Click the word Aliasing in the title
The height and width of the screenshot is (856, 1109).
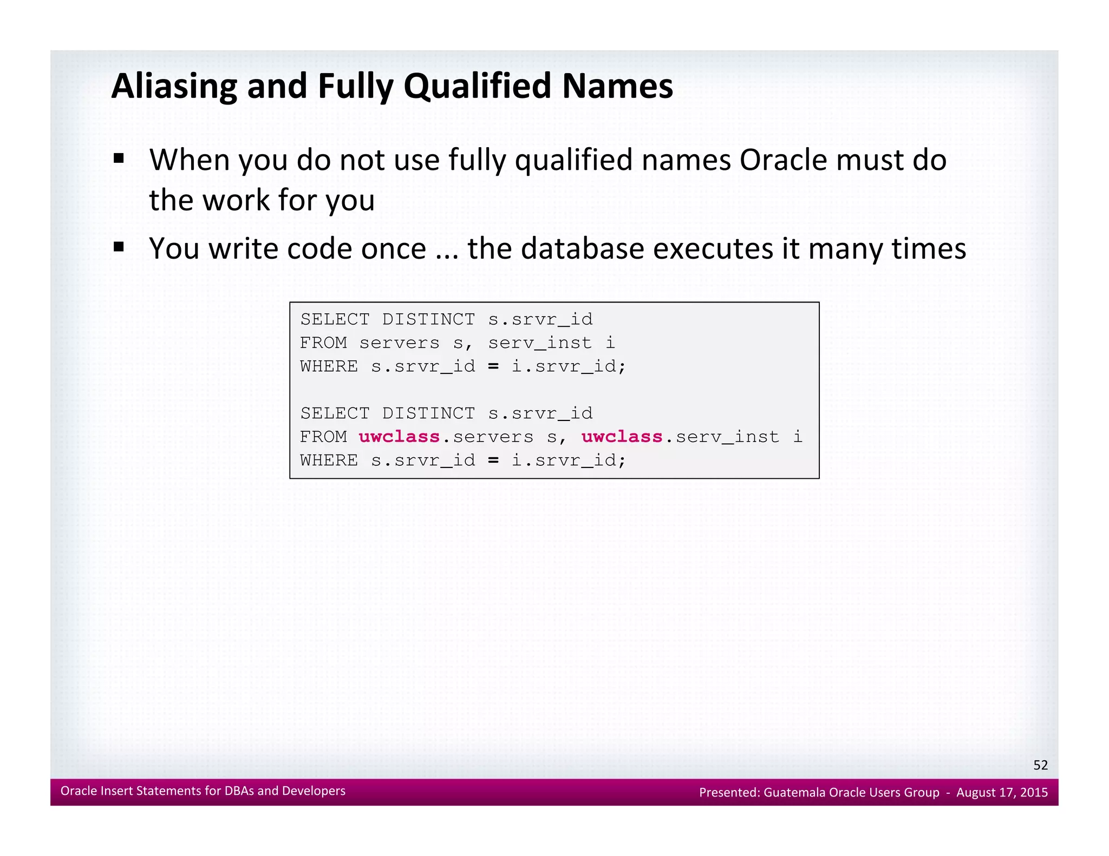coord(174,87)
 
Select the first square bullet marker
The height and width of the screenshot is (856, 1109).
coord(119,159)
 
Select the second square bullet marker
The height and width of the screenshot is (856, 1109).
coord(119,248)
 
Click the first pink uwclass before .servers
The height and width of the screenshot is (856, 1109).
coord(399,437)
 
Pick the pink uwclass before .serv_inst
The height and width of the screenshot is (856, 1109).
coord(622,437)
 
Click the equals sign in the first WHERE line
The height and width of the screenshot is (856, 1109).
coord(493,366)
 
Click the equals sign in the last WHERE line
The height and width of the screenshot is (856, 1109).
coord(493,460)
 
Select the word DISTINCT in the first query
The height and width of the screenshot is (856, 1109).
coord(428,319)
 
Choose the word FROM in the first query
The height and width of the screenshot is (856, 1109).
coord(323,343)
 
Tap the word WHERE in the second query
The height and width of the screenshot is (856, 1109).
coord(329,460)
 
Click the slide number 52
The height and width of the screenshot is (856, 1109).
coord(1040,765)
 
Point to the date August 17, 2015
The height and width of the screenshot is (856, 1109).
coord(1002,792)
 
